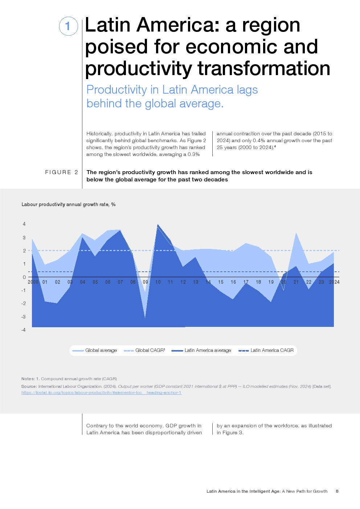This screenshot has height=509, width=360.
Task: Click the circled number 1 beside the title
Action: pos(68,26)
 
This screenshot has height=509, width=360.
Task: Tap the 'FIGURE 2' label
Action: pos(61,172)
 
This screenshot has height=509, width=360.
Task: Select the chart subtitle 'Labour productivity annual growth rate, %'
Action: pos(69,205)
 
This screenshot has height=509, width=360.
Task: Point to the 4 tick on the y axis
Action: pos(24,224)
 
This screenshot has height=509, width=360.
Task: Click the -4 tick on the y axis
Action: pos(24,330)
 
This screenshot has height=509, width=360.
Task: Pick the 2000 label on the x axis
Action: pos(33,282)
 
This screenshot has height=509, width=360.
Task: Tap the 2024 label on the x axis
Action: pos(334,282)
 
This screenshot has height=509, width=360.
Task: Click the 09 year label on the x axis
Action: pos(146,282)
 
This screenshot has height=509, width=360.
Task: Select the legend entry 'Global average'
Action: pos(101,350)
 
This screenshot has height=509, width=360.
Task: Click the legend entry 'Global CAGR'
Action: pos(150,350)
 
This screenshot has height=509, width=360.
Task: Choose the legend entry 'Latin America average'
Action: pos(208,350)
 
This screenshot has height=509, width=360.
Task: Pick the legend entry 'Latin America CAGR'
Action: pos(272,350)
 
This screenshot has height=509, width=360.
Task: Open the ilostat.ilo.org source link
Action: pos(101,393)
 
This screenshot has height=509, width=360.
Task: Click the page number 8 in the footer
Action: pos(337,491)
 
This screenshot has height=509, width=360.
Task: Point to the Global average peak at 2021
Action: pos(296,233)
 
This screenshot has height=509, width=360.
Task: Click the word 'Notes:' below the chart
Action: pos(28,379)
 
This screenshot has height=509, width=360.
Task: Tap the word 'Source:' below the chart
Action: pos(29,386)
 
